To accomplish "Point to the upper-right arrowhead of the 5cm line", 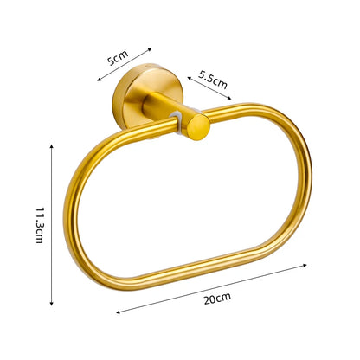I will pyautogui.click(x=152, y=48).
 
